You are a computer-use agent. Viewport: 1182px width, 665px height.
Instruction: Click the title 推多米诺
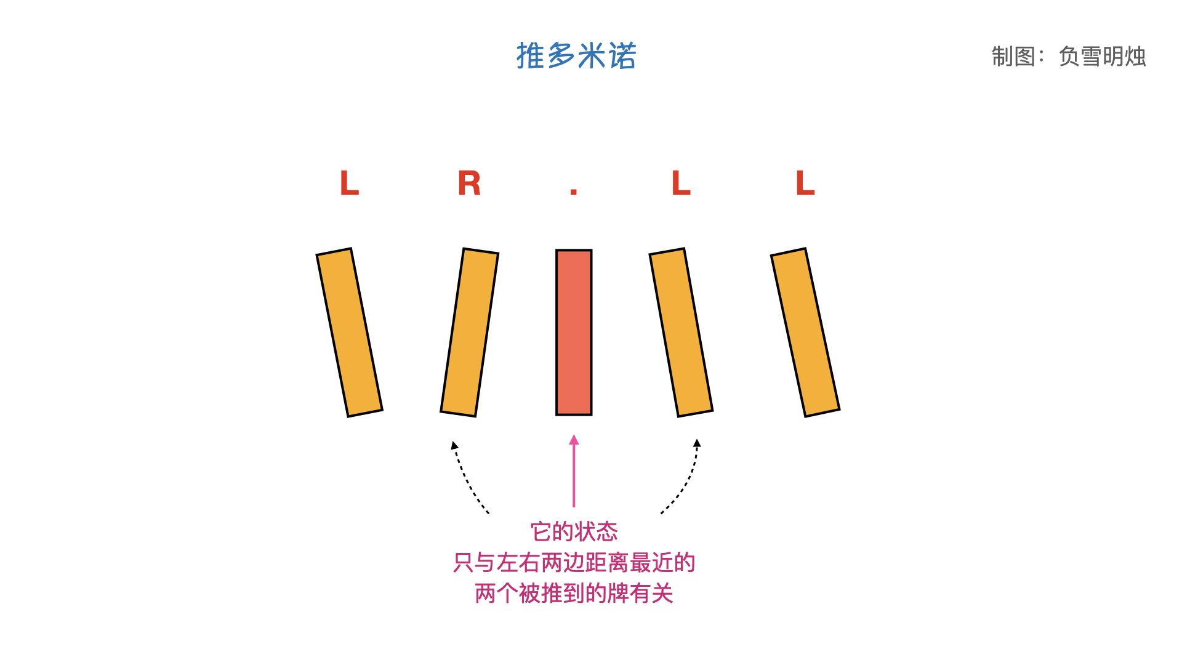(x=576, y=56)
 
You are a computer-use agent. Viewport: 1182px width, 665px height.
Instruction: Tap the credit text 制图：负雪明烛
(x=1068, y=57)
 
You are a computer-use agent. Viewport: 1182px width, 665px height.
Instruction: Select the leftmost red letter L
(x=349, y=183)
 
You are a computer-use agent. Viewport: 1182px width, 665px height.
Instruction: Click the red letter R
(x=469, y=183)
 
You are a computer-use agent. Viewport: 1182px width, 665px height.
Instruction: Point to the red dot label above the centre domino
(x=574, y=191)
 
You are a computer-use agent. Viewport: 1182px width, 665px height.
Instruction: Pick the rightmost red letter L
(x=805, y=183)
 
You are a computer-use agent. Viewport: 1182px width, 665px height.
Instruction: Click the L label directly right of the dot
(x=681, y=183)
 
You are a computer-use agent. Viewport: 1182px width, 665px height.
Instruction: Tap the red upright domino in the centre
(x=574, y=332)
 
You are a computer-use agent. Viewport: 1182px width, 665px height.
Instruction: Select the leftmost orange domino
(x=349, y=332)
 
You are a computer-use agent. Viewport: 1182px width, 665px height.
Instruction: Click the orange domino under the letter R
(x=469, y=332)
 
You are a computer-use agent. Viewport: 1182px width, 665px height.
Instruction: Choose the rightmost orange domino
(x=805, y=332)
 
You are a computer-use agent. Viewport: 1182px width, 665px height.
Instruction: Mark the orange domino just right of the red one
(x=681, y=332)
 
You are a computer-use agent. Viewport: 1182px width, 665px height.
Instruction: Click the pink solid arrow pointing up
(x=574, y=471)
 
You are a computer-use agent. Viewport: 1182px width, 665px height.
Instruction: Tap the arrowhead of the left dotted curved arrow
(x=454, y=445)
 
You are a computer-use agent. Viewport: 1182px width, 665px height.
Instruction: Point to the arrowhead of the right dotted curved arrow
(x=697, y=443)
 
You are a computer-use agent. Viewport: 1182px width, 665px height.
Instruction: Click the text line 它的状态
(x=574, y=531)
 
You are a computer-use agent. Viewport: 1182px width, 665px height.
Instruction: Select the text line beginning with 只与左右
(x=574, y=562)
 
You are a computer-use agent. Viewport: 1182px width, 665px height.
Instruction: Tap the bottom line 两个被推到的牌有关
(x=574, y=594)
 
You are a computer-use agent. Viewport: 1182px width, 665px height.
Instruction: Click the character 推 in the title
(x=530, y=56)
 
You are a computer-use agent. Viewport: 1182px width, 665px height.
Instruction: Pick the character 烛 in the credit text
(x=1135, y=57)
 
